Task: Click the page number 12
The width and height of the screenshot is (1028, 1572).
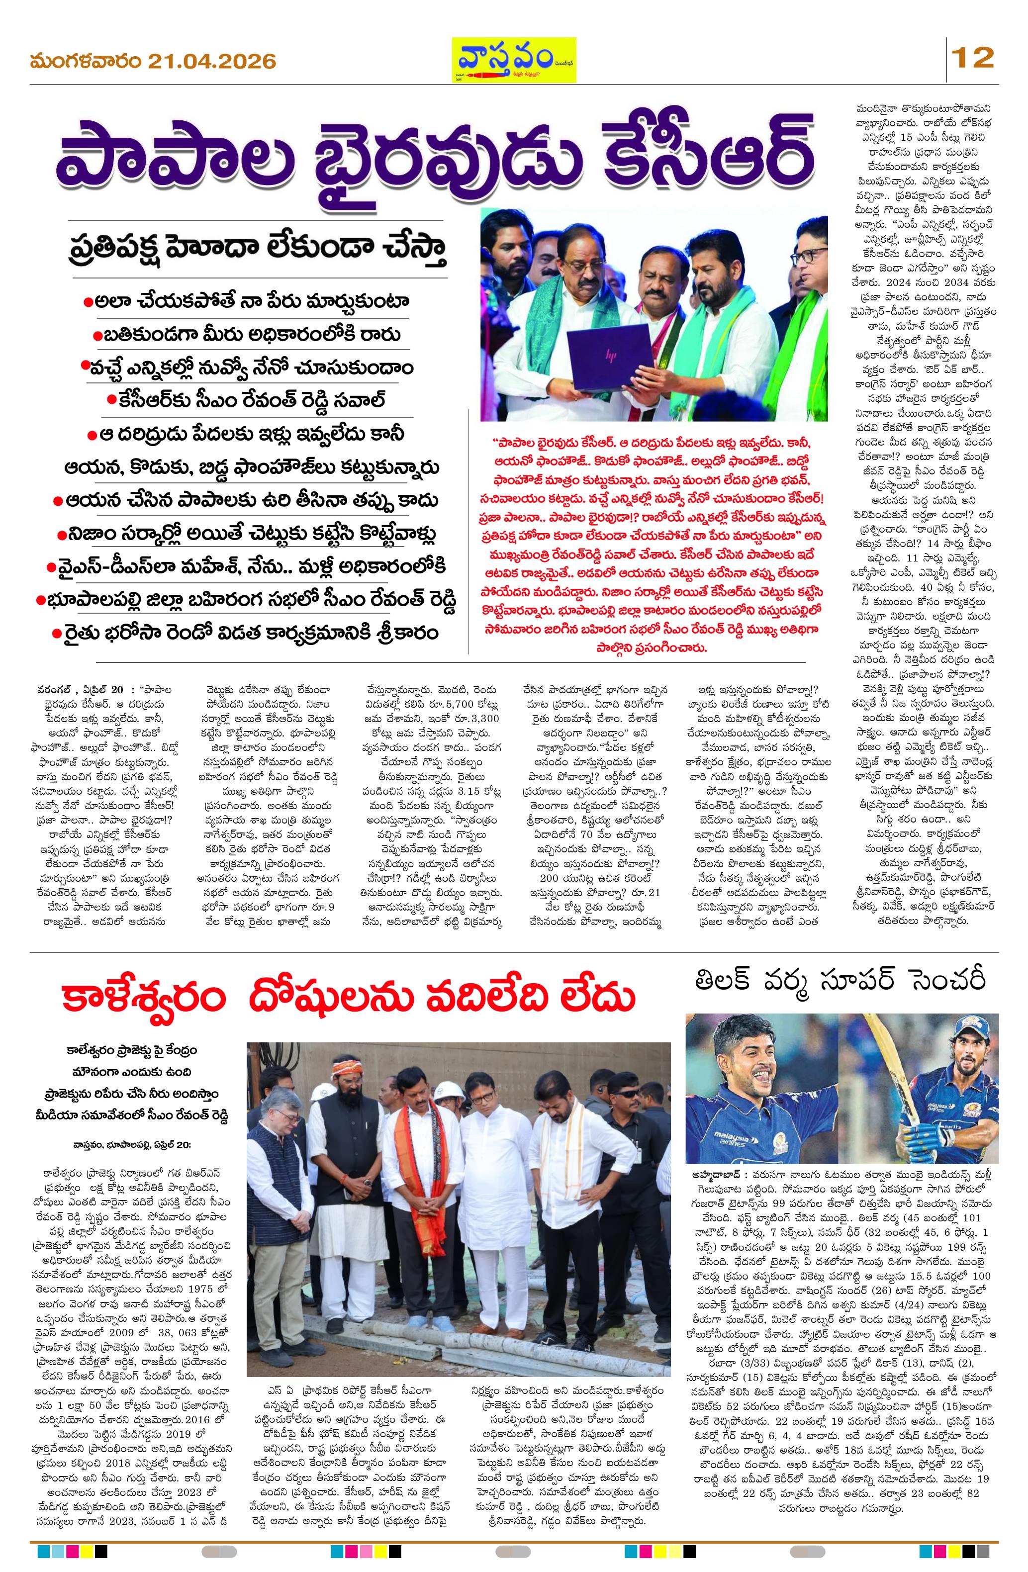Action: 972,59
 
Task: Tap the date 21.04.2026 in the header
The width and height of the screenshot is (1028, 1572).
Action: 211,62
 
